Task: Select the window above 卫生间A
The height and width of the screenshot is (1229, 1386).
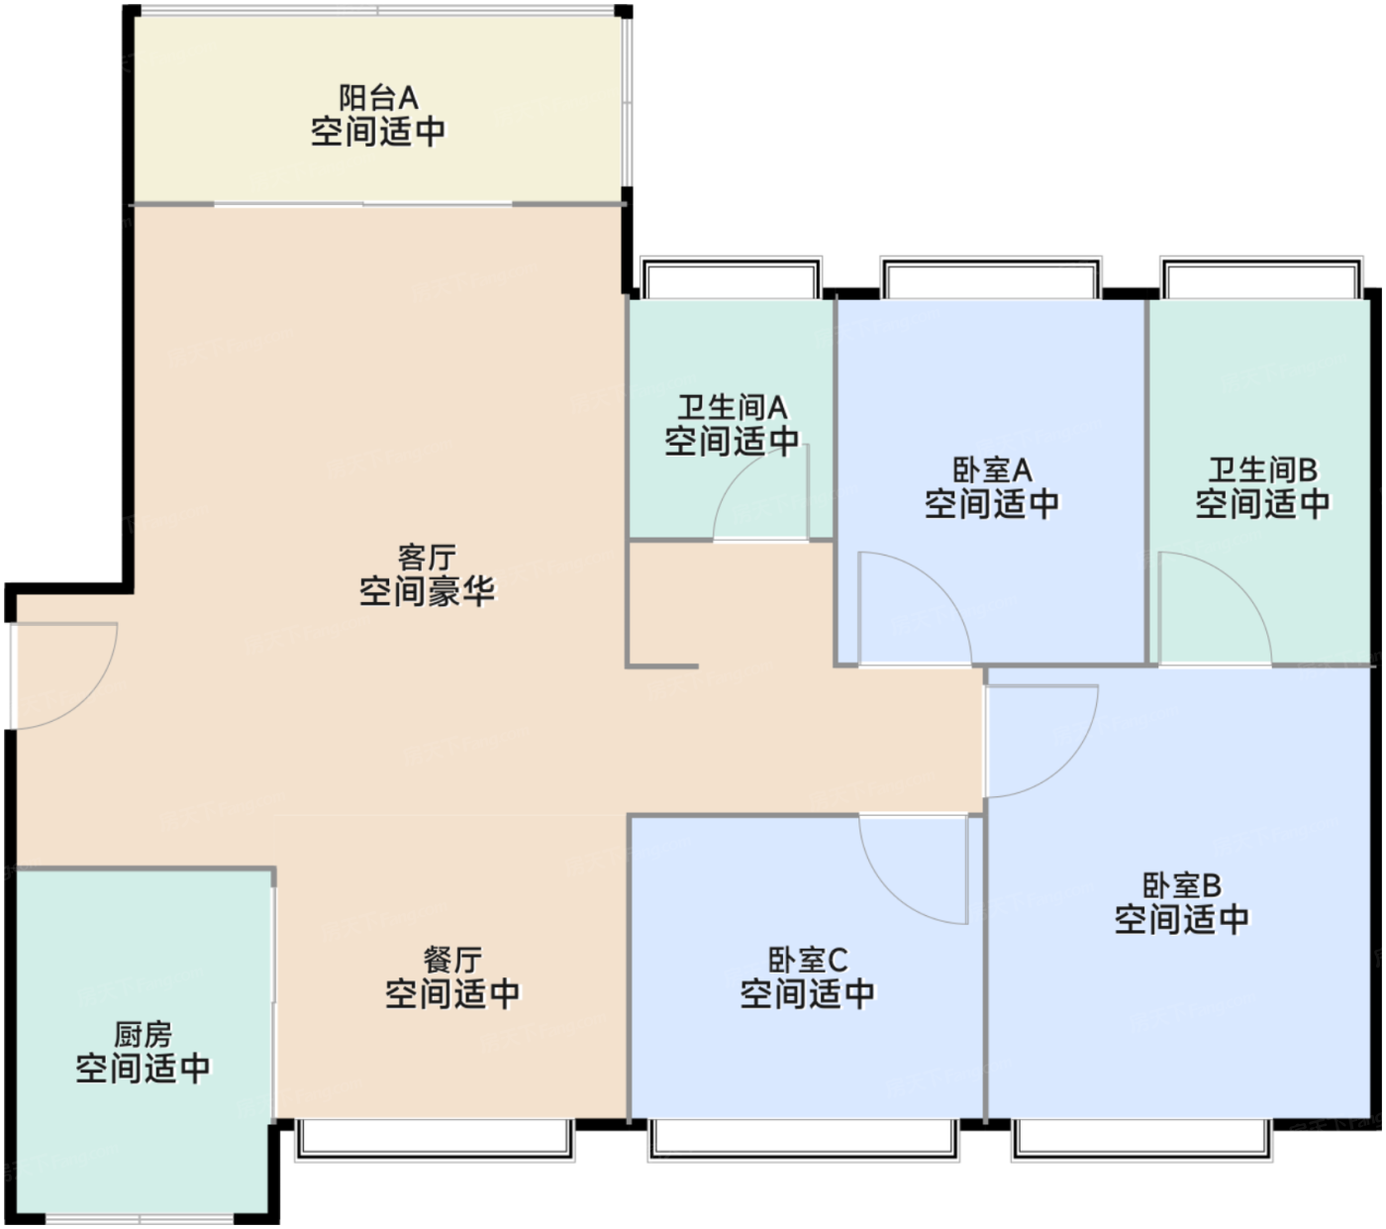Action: point(731,278)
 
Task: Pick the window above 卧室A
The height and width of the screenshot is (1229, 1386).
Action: point(990,278)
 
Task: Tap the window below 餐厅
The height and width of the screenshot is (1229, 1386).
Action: point(436,1138)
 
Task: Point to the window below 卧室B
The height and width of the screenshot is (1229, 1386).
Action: point(1141,1139)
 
